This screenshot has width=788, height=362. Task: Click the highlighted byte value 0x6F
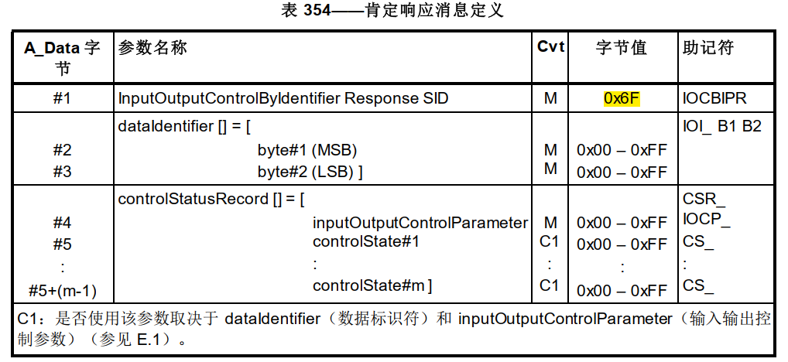[x=622, y=98]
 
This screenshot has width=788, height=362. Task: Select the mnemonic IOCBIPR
[x=715, y=98]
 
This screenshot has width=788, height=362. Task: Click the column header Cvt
[x=550, y=47]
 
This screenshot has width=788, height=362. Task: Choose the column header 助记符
[x=708, y=48]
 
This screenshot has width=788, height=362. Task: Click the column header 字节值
[x=622, y=48]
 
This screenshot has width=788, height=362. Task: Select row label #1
[x=62, y=99]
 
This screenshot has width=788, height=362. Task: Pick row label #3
[x=62, y=171]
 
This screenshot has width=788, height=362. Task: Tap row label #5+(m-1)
[x=62, y=291]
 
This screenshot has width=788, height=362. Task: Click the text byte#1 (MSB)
[x=307, y=150]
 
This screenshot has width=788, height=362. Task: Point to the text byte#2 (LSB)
[x=310, y=171]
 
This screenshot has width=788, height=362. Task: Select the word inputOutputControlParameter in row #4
[x=420, y=223]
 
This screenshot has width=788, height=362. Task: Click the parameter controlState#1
[x=366, y=242]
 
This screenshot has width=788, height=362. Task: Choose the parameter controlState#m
[x=372, y=285]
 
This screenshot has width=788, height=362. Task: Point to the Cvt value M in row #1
[x=550, y=99]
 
